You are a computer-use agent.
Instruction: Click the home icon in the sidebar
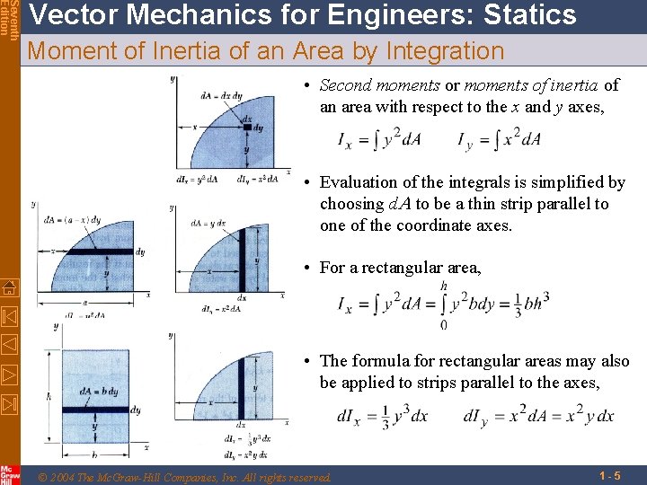8,288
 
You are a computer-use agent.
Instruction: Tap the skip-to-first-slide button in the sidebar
8,317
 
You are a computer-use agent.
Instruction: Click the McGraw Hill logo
8,474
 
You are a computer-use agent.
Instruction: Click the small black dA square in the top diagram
246,128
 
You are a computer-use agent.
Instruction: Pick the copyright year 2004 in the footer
64,476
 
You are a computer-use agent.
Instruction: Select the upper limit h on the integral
443,286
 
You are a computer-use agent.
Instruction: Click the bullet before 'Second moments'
307,86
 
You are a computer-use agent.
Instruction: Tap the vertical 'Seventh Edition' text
8,18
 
